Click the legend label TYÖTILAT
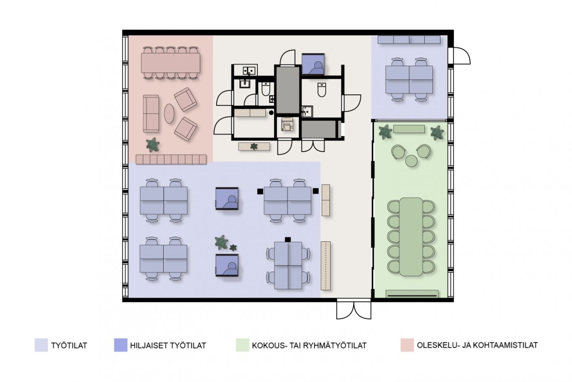point(69,345)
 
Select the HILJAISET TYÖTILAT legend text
point(168,345)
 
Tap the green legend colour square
point(242,345)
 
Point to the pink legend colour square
point(407,345)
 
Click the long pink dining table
point(171,63)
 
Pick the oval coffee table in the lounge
point(169,114)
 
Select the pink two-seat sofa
point(151,114)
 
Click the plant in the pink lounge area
point(153,145)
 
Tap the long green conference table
point(411,237)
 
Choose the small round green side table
point(411,161)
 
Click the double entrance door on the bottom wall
point(354,310)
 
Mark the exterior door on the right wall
point(459,56)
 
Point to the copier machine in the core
point(288,125)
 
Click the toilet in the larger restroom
point(321,89)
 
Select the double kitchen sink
point(249,70)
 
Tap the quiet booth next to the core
point(313,64)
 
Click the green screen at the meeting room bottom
point(412,294)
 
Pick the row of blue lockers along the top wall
point(409,40)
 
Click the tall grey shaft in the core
point(288,90)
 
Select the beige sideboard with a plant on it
point(254,147)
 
